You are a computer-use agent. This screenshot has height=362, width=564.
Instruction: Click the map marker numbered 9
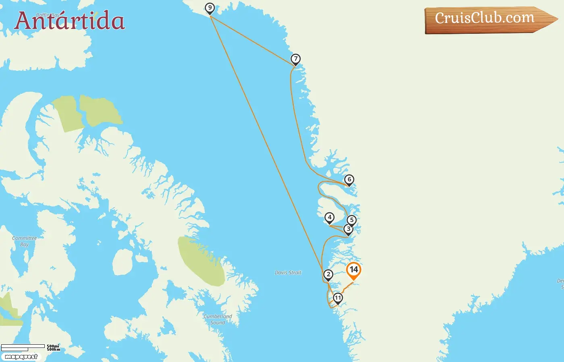209,8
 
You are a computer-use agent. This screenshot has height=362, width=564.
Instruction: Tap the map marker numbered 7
296,59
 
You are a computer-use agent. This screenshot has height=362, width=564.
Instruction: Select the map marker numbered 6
349,180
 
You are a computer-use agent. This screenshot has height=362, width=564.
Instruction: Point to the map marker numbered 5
352,220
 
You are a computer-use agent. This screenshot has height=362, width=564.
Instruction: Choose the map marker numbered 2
328,275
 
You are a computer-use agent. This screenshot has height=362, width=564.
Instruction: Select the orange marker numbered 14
354,270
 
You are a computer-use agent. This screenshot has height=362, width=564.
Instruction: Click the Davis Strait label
288,273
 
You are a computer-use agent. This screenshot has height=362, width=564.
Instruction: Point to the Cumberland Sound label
218,319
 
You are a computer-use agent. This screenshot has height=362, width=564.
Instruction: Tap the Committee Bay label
24,241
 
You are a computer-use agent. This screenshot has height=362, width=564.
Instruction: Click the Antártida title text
69,21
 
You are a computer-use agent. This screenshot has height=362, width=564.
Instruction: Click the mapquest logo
21,357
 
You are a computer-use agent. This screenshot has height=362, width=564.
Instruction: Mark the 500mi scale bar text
53,346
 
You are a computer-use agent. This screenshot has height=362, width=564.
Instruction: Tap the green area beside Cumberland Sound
201,261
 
